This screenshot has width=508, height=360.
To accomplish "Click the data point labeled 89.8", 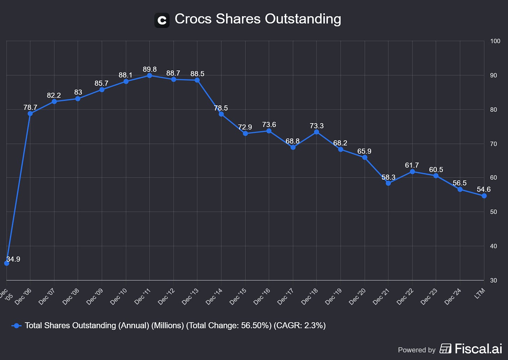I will point(150,76).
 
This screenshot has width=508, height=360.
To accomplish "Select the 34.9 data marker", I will point(7,263).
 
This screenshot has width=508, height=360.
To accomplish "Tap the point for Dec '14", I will point(221,114).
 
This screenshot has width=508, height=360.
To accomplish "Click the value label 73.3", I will point(316,126).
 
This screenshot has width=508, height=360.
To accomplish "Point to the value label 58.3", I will point(388,177).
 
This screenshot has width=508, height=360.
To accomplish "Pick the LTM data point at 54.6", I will point(484,196).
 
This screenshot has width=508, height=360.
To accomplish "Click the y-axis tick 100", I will point(495,41).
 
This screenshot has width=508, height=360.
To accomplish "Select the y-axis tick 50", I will point(493,212).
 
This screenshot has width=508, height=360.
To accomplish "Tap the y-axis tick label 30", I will point(493,280).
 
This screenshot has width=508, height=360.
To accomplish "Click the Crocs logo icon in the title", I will point(162,20).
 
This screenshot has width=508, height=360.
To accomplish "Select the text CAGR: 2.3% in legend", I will point(299,325).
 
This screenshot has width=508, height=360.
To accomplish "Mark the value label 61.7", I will point(412,165).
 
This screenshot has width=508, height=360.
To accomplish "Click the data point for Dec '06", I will point(30,113).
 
